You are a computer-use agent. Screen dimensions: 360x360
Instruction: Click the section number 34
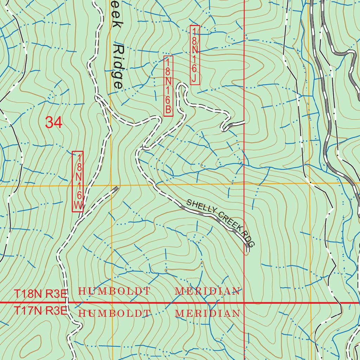tap(54, 123)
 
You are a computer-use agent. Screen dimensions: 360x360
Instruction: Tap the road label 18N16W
tap(78, 181)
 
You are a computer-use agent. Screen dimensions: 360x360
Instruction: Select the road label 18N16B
tap(168, 86)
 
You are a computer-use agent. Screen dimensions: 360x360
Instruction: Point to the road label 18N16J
tap(195, 55)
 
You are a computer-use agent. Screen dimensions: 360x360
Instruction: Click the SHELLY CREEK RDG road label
tap(220, 223)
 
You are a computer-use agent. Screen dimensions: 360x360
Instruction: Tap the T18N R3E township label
tap(40, 294)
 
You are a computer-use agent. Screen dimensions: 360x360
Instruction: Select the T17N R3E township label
tap(40, 311)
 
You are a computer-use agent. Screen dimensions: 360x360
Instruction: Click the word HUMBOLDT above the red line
tap(114, 291)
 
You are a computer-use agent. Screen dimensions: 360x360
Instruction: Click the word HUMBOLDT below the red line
tap(114, 313)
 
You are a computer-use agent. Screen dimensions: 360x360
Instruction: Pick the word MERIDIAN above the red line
tap(207, 291)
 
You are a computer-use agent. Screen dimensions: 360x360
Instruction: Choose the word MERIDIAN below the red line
tap(207, 313)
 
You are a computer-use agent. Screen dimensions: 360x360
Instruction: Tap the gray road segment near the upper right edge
tap(343, 53)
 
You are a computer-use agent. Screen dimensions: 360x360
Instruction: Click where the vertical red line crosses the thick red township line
tap(244, 302)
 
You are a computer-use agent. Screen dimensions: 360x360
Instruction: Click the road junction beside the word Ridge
tap(97, 96)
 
